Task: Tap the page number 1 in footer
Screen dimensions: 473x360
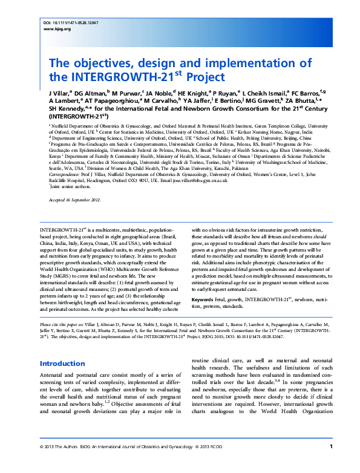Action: tap(331, 463)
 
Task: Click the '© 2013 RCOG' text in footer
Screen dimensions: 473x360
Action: tap(226, 463)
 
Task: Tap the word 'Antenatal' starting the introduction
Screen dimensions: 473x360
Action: tap(52, 376)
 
